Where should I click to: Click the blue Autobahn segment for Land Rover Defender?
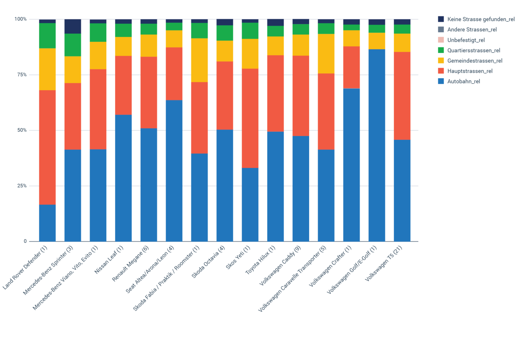(47, 223)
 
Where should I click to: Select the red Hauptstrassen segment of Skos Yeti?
(250, 118)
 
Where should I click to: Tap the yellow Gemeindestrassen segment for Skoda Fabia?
(199, 60)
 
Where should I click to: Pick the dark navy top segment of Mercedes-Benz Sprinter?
(73, 26)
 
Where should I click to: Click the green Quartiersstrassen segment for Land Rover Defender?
(47, 36)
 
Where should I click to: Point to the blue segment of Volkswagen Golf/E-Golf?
(377, 145)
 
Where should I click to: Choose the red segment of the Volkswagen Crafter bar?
(351, 67)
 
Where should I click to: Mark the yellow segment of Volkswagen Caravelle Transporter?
(326, 54)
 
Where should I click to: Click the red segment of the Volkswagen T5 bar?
(402, 96)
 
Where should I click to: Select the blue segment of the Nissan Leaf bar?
(123, 178)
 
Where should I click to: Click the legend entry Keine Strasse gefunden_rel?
(481, 19)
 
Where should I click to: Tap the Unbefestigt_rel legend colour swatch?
(441, 40)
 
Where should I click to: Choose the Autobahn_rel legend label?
(464, 81)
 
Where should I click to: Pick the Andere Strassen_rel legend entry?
(472, 29)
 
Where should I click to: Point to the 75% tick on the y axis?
(22, 75)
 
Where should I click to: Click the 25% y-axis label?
(22, 186)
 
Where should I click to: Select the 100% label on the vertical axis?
(21, 19)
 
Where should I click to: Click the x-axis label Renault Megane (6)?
(130, 263)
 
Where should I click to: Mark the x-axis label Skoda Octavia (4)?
(208, 262)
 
